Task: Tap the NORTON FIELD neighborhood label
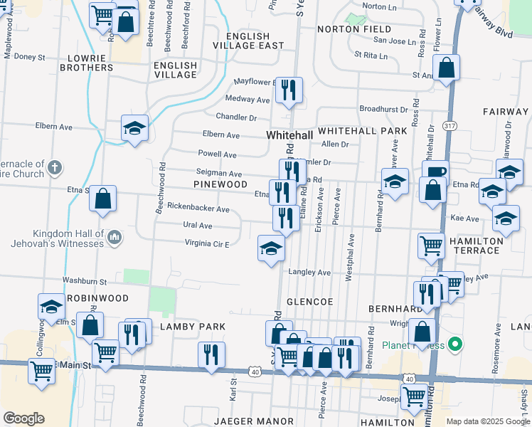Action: click(354, 29)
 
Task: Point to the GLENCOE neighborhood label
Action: click(309, 302)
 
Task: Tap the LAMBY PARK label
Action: click(192, 327)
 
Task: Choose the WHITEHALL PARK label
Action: click(363, 131)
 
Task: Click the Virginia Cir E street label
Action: click(207, 244)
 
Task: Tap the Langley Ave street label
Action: click(309, 272)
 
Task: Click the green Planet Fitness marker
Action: click(457, 346)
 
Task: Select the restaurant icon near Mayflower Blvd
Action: click(289, 90)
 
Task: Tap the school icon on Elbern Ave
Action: click(134, 128)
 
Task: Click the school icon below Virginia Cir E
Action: click(270, 248)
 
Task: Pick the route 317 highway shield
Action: click(449, 126)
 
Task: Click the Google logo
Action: click(23, 418)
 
